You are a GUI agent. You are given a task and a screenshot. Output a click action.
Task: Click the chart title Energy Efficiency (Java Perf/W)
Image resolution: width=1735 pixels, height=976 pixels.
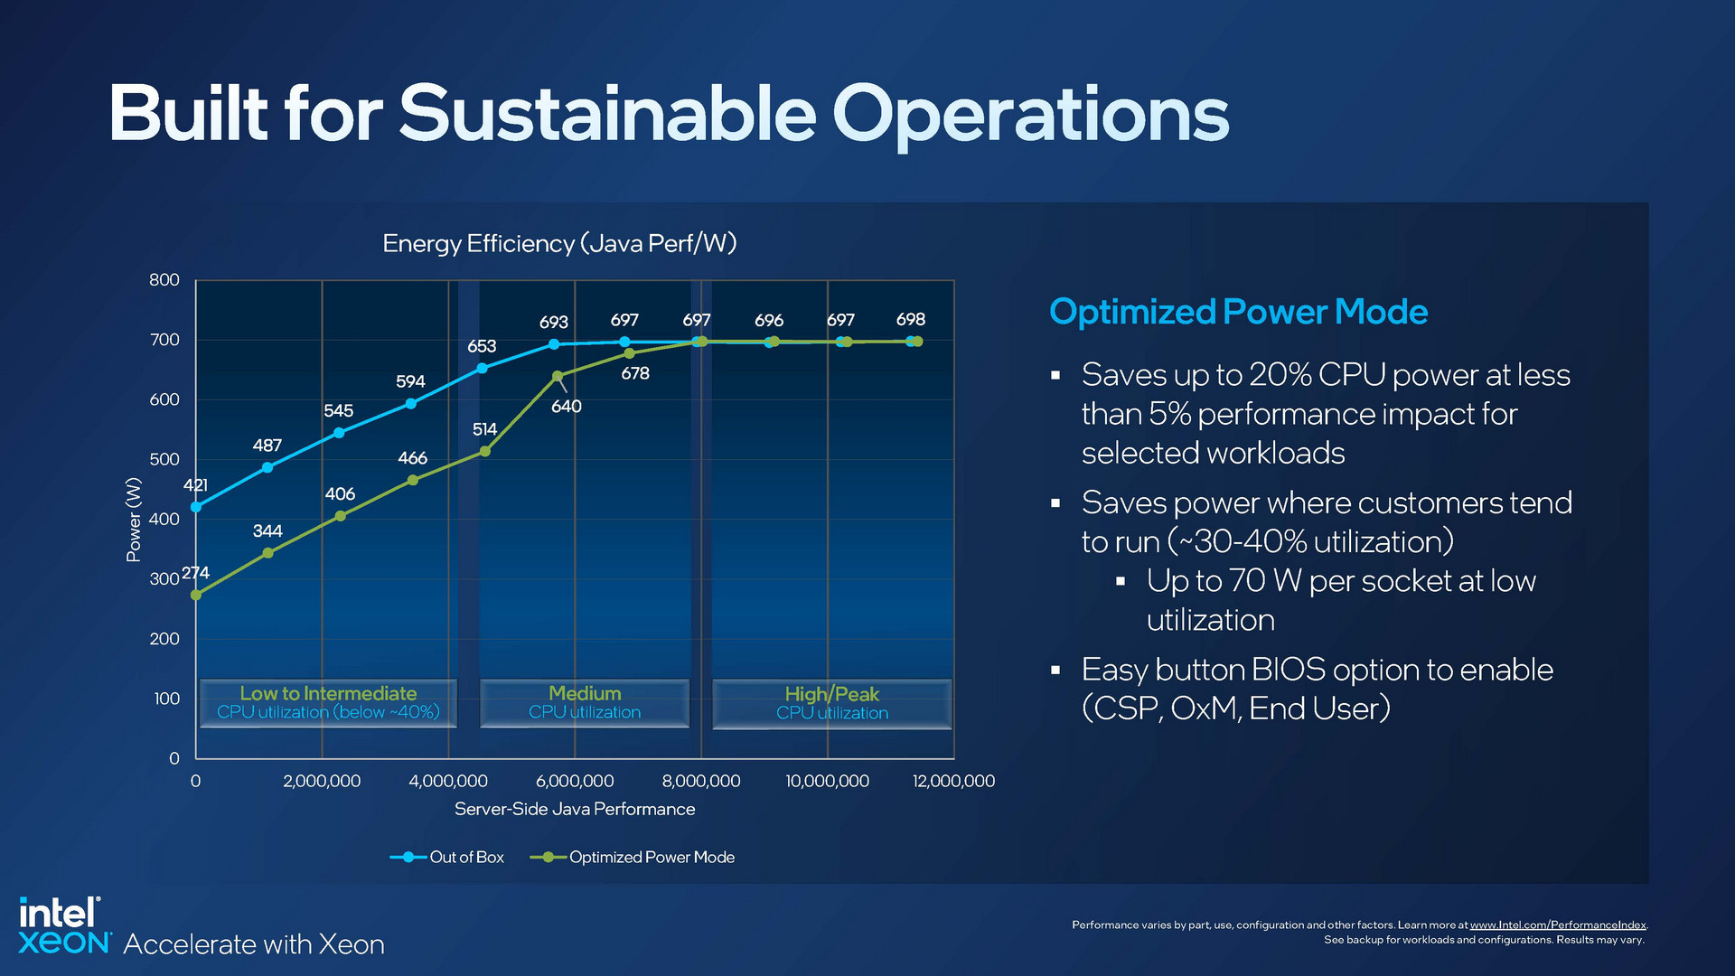(x=559, y=244)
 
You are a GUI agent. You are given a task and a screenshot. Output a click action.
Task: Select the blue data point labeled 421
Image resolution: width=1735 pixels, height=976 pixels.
(x=196, y=507)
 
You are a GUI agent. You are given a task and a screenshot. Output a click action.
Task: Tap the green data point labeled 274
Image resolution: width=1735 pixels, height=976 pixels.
(x=196, y=595)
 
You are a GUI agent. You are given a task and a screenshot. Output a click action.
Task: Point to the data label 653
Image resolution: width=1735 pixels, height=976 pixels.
(x=482, y=346)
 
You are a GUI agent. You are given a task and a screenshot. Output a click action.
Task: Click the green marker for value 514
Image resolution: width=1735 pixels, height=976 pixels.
(x=484, y=451)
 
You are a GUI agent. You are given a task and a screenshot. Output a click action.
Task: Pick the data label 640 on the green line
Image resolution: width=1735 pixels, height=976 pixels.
(x=567, y=407)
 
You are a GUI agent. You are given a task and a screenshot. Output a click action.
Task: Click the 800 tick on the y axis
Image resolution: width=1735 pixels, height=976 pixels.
(x=164, y=280)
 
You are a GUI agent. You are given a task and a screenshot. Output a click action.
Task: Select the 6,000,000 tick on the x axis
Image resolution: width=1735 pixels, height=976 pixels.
(x=575, y=781)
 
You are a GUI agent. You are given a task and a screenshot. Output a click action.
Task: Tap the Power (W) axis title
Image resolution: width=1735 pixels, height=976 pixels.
(x=134, y=520)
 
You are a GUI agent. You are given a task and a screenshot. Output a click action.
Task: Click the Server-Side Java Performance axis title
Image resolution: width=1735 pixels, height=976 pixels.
(x=575, y=809)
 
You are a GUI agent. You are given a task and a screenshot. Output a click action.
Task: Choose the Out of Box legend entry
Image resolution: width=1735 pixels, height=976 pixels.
(x=447, y=857)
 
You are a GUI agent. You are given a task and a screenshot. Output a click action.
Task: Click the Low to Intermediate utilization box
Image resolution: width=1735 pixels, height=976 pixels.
(x=328, y=703)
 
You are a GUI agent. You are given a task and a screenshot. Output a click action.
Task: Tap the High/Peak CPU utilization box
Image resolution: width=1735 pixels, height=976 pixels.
(x=831, y=703)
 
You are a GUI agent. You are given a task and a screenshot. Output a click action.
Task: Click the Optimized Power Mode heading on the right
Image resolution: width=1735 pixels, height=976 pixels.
(x=1238, y=312)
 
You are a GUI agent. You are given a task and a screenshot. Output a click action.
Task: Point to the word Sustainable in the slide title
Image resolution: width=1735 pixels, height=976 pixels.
(x=607, y=115)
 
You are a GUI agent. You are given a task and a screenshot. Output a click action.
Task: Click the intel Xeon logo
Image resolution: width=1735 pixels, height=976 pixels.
(x=61, y=926)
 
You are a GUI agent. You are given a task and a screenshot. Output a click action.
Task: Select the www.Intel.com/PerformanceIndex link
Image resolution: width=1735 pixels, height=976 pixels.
(x=1558, y=924)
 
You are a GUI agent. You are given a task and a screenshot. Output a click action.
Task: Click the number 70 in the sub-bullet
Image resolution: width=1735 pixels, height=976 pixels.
(x=1246, y=581)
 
